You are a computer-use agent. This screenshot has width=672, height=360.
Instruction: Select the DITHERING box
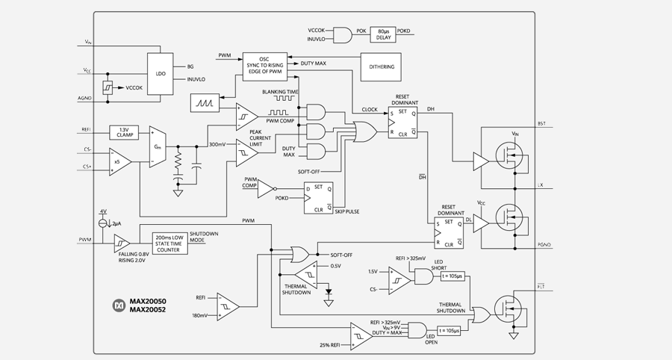point(381,66)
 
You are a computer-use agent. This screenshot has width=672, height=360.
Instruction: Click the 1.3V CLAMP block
point(124,131)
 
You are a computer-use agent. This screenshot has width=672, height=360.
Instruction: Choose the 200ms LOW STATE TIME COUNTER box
point(170,243)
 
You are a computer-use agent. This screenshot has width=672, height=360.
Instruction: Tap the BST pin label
point(542,123)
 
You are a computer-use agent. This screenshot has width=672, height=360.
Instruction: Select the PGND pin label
point(544,244)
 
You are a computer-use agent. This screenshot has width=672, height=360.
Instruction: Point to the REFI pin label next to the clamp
point(87,130)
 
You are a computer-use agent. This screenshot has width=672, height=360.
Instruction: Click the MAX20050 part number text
point(148,301)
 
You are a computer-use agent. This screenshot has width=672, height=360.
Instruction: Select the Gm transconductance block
point(157,146)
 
